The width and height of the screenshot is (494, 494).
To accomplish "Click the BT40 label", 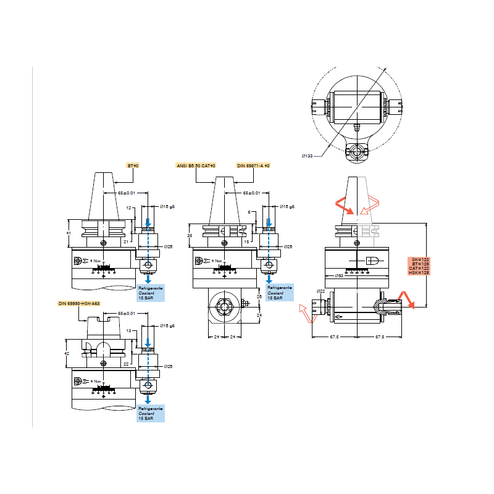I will (133, 166).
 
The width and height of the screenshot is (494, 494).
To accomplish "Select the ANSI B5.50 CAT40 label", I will (197, 166).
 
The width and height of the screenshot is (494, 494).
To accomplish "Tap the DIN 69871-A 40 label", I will (253, 166).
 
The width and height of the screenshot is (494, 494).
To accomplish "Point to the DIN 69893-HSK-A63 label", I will (79, 304).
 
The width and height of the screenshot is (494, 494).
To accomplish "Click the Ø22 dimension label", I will (320, 291).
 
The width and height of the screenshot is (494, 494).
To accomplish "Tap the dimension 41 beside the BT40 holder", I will (69, 232).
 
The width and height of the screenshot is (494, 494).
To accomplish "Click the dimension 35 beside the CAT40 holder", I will (190, 235).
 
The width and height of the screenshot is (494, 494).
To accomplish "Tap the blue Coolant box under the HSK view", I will (151, 414).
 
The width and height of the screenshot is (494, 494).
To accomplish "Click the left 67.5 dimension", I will (335, 337).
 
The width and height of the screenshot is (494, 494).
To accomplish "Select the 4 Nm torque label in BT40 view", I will (95, 261).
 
